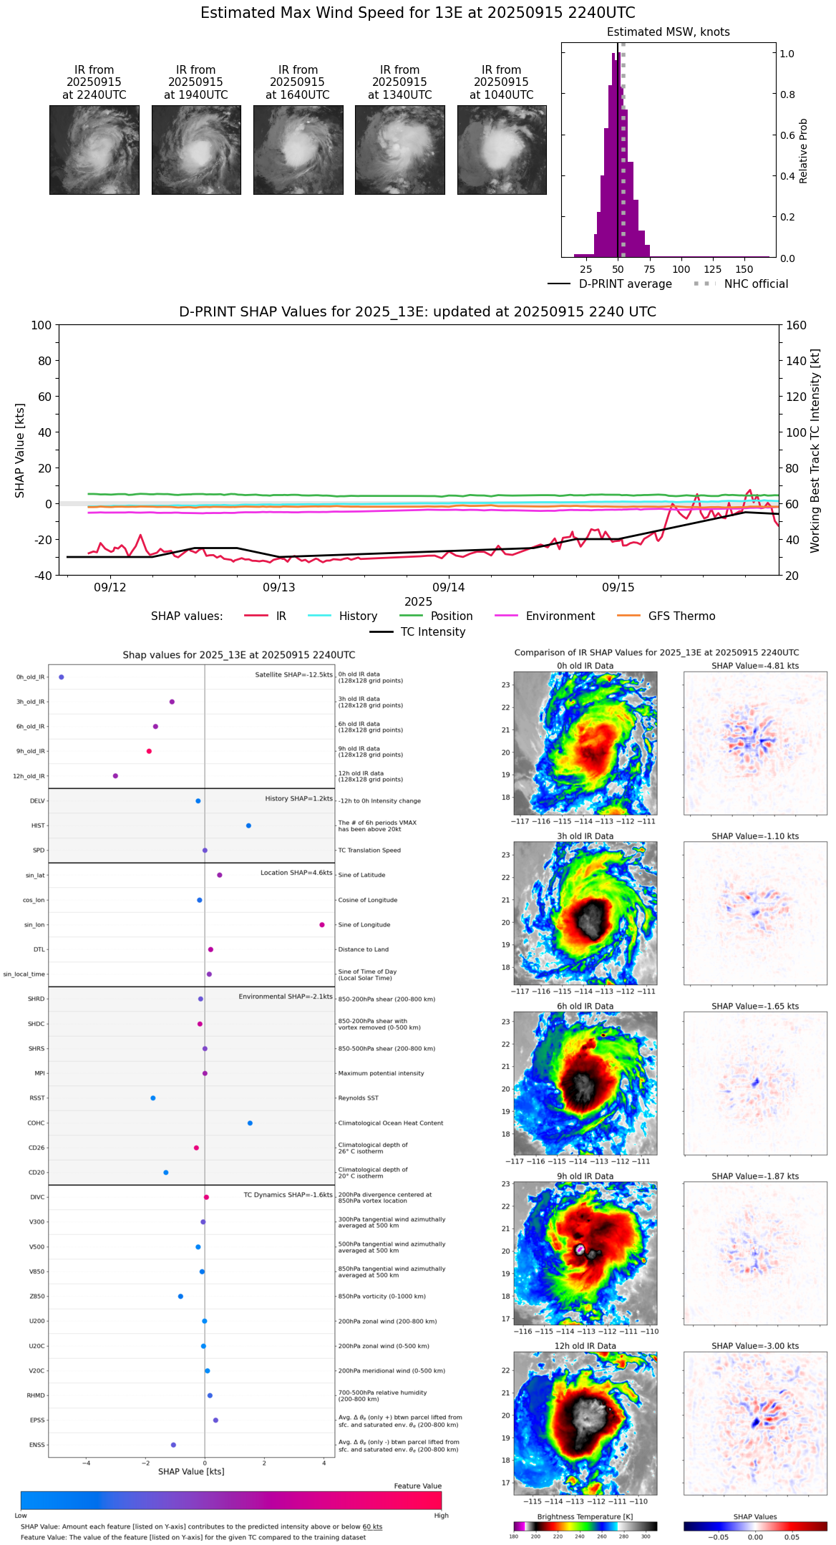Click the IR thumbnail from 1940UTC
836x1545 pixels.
pyautogui.click(x=196, y=150)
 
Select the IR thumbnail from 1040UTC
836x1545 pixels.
pyautogui.click(x=502, y=150)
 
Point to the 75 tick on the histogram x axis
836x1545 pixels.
pyautogui.click(x=649, y=269)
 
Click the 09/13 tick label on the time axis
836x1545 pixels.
pyautogui.click(x=279, y=587)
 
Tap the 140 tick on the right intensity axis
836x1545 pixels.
pyautogui.click(x=796, y=361)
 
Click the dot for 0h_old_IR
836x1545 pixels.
pyautogui.click(x=62, y=677)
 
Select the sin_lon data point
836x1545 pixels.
pyautogui.click(x=322, y=925)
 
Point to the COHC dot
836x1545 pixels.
pyautogui.click(x=250, y=1123)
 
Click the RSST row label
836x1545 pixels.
pyautogui.click(x=37, y=1098)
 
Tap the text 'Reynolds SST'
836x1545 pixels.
pyautogui.click(x=358, y=1098)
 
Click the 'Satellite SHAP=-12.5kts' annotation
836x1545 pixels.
pyautogui.click(x=293, y=674)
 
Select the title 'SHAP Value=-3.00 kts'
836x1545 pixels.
pyautogui.click(x=755, y=1346)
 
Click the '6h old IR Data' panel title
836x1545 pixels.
pyautogui.click(x=585, y=1006)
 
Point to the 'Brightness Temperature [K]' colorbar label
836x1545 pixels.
pyautogui.click(x=585, y=1516)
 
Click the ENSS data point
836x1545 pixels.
pyautogui.click(x=173, y=1445)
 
